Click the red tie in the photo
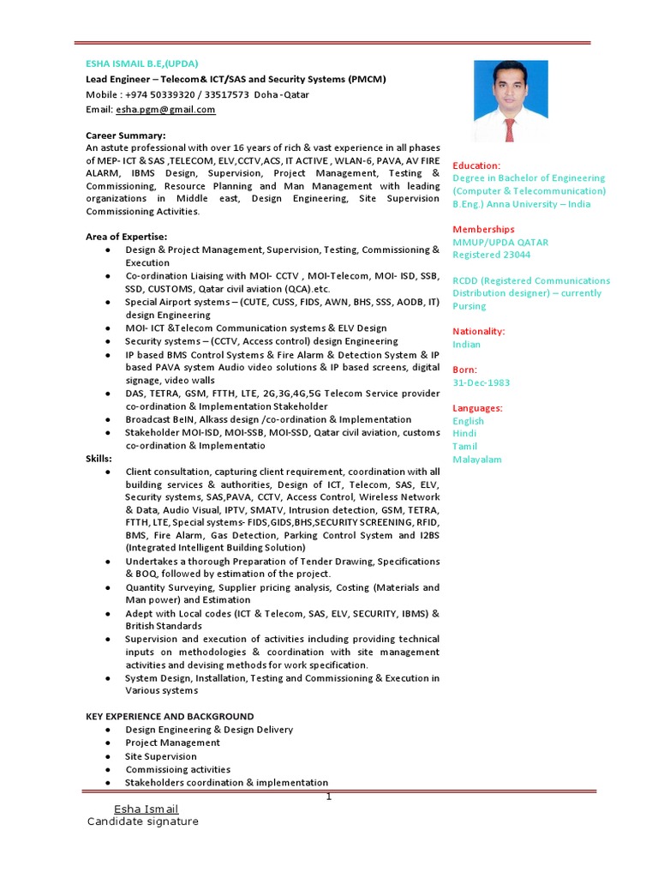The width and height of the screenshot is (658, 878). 510,129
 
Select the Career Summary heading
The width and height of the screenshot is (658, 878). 125,135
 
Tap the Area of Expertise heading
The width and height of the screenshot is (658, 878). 126,237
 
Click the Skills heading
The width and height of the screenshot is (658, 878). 99,459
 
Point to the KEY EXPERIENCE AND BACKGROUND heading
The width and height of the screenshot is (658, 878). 170,716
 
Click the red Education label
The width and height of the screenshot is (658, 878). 476,165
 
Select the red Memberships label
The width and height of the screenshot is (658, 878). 483,230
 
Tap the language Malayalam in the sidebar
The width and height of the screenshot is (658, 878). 477,460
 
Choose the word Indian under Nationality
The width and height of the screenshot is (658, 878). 467,345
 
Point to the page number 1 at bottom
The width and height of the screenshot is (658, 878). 328,797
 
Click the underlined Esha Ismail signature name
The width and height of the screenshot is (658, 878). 146,809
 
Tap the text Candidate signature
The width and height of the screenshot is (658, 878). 142,821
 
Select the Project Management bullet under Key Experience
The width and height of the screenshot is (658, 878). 172,743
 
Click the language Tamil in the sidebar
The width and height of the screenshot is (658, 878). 465,447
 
